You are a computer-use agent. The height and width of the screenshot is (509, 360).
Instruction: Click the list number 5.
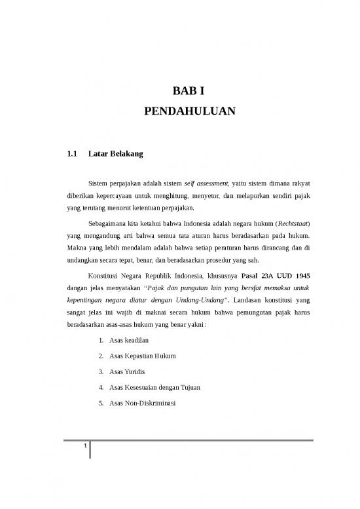99,403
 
